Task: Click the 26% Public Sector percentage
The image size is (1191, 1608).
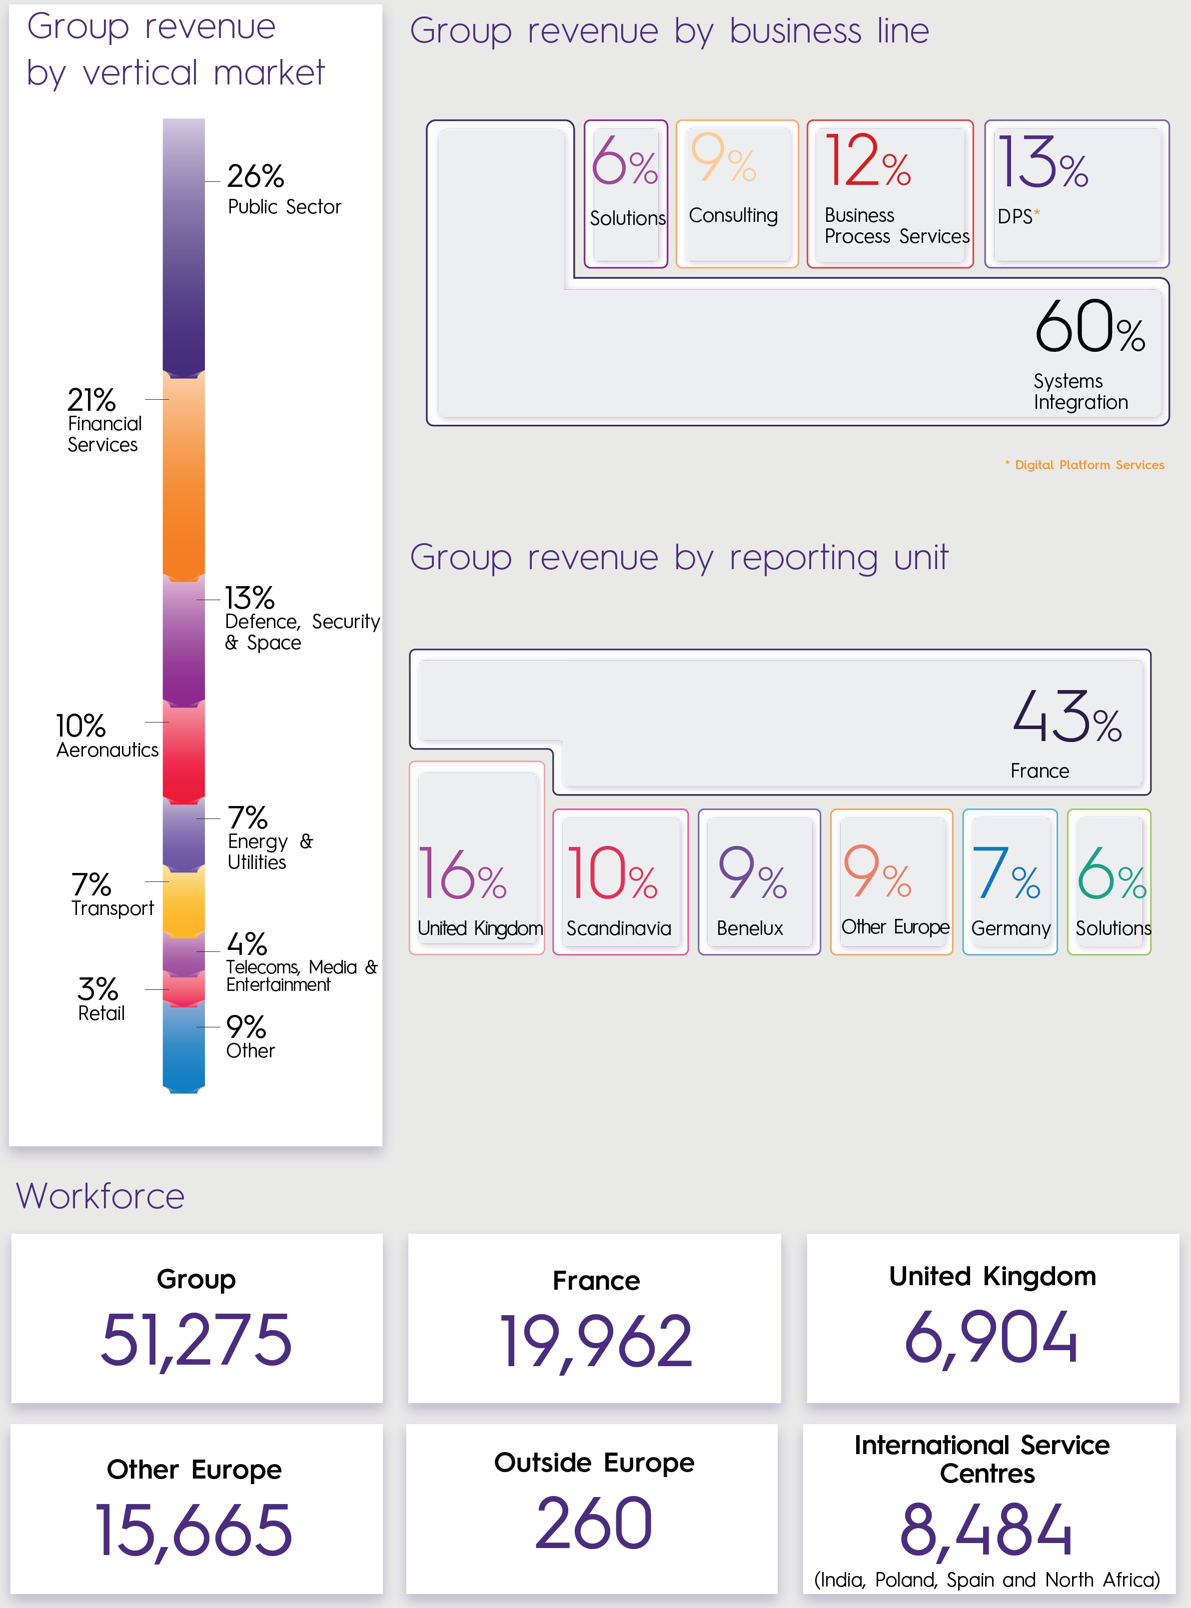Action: [x=255, y=176]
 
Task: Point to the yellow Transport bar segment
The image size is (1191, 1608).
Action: [x=184, y=901]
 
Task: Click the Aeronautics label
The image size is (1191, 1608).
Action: [x=107, y=751]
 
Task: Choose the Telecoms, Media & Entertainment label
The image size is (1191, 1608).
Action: [x=301, y=976]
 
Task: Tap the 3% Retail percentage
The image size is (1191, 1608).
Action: [x=97, y=989]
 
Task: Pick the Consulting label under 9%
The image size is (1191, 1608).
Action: [x=733, y=215]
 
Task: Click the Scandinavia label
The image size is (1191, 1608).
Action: [x=619, y=928]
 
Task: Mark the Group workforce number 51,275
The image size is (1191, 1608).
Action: [x=196, y=1340]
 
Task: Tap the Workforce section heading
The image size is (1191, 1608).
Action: [x=100, y=1196]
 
